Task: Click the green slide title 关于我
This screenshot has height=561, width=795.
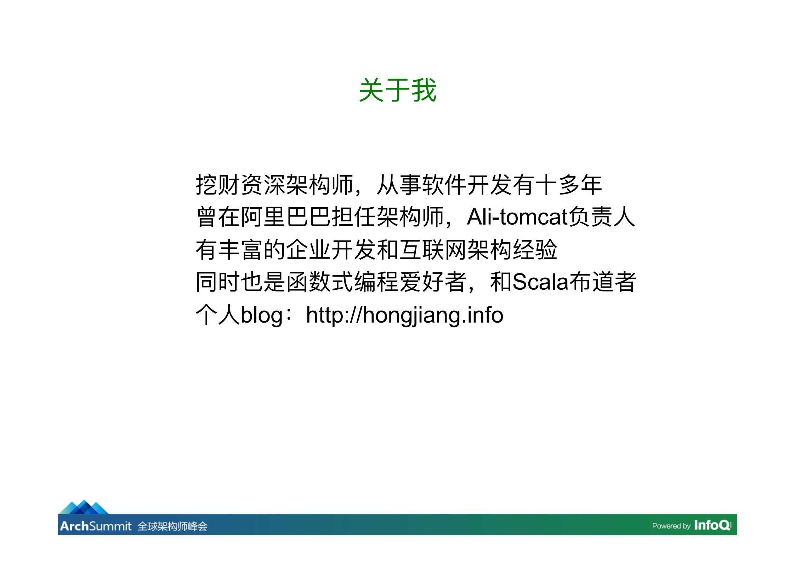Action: (x=397, y=90)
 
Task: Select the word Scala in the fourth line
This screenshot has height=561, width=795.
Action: (x=541, y=282)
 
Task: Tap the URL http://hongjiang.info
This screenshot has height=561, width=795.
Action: (x=404, y=315)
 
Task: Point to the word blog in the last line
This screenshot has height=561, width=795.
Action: (x=261, y=315)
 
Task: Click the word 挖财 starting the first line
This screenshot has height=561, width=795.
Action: (x=218, y=185)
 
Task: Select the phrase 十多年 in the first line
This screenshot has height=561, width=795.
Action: (x=568, y=185)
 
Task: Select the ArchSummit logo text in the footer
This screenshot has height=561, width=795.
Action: (x=96, y=526)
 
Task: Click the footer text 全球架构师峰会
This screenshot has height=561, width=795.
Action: (x=172, y=526)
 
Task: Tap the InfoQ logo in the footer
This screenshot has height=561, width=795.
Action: (x=712, y=525)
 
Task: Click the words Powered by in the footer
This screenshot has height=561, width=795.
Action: (x=671, y=526)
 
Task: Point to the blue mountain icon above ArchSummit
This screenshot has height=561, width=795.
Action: (x=84, y=507)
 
